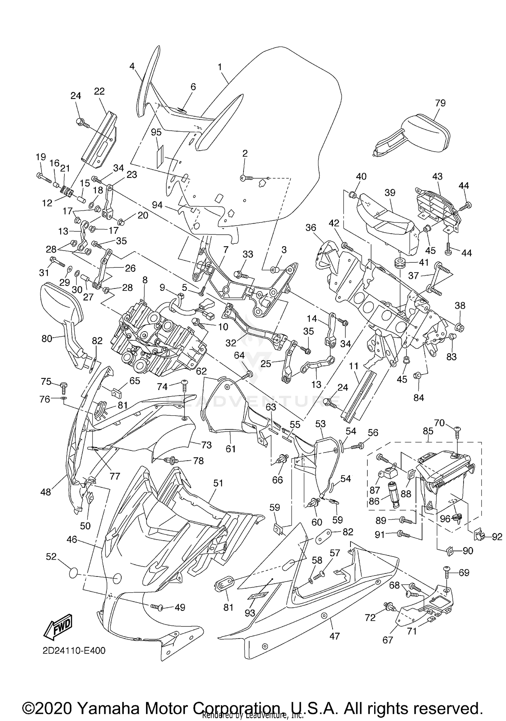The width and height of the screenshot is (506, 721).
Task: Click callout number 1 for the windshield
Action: tap(220, 67)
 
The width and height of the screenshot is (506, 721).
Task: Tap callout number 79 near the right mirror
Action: tap(440, 103)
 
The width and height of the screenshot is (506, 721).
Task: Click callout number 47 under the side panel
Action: tap(334, 636)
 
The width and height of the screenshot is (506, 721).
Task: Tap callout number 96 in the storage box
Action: tap(445, 519)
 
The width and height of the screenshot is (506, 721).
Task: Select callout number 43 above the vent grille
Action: tap(437, 176)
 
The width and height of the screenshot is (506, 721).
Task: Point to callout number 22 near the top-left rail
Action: tap(99, 91)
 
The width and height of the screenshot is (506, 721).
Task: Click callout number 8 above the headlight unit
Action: tap(145, 280)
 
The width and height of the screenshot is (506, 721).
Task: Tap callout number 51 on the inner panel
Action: tap(218, 483)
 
